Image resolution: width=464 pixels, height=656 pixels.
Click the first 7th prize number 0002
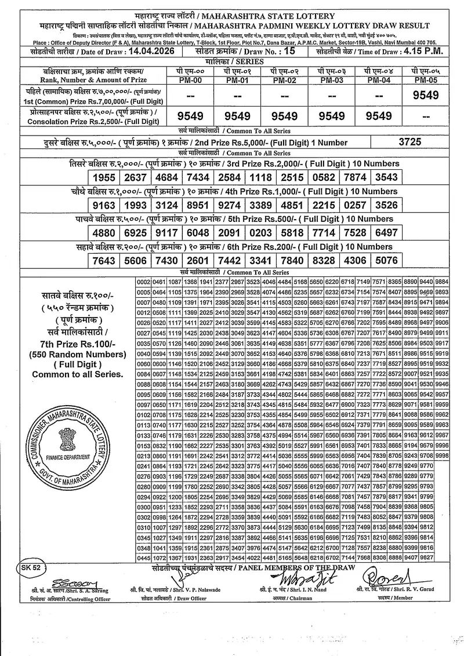point(143,282)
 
